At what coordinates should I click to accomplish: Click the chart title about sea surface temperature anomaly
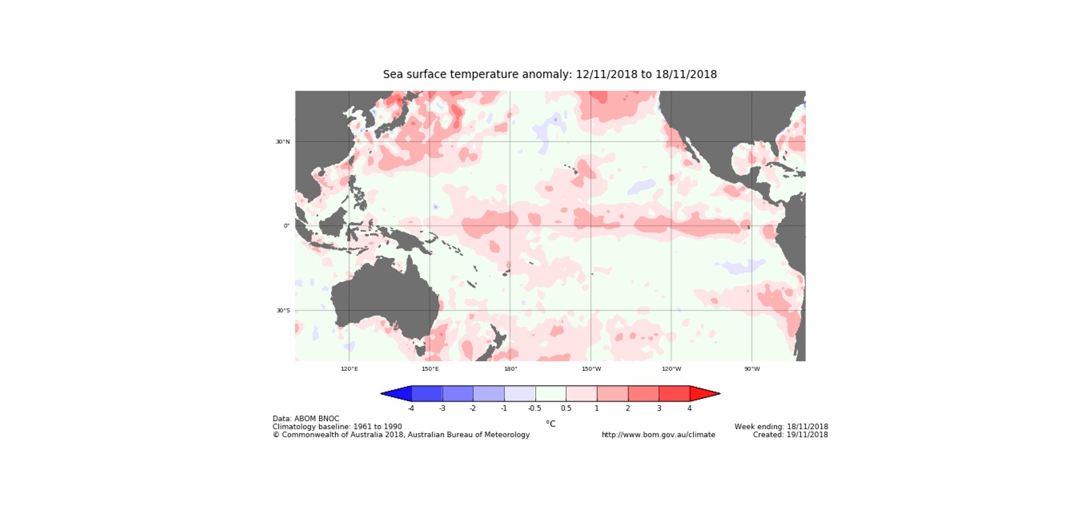pos(550,74)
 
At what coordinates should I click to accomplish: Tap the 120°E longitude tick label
pos(349,369)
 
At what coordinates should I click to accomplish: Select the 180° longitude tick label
pos(510,369)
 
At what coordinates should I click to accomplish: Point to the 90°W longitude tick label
pos(752,369)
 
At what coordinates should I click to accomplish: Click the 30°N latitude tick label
pos(283,142)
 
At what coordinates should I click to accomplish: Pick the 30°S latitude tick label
pos(283,311)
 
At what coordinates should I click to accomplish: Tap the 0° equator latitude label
pos(286,226)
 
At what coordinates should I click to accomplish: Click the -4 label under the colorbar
pos(410,408)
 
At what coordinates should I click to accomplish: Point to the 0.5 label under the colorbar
pos(566,408)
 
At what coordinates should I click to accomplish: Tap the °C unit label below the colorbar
pos(551,424)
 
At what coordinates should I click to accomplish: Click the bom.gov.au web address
pos(658,435)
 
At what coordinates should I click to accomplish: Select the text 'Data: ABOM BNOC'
pos(306,419)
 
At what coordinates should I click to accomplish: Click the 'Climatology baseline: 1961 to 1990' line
pos(337,427)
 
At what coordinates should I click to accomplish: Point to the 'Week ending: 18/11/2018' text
pos(781,427)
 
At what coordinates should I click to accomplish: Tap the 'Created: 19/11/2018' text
pos(790,435)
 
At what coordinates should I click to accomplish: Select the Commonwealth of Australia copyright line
pos(401,435)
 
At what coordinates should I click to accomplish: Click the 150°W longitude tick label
pos(591,369)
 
